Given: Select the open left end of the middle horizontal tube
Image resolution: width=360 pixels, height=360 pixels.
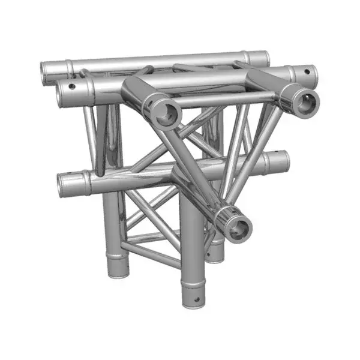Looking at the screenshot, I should [64, 186].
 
